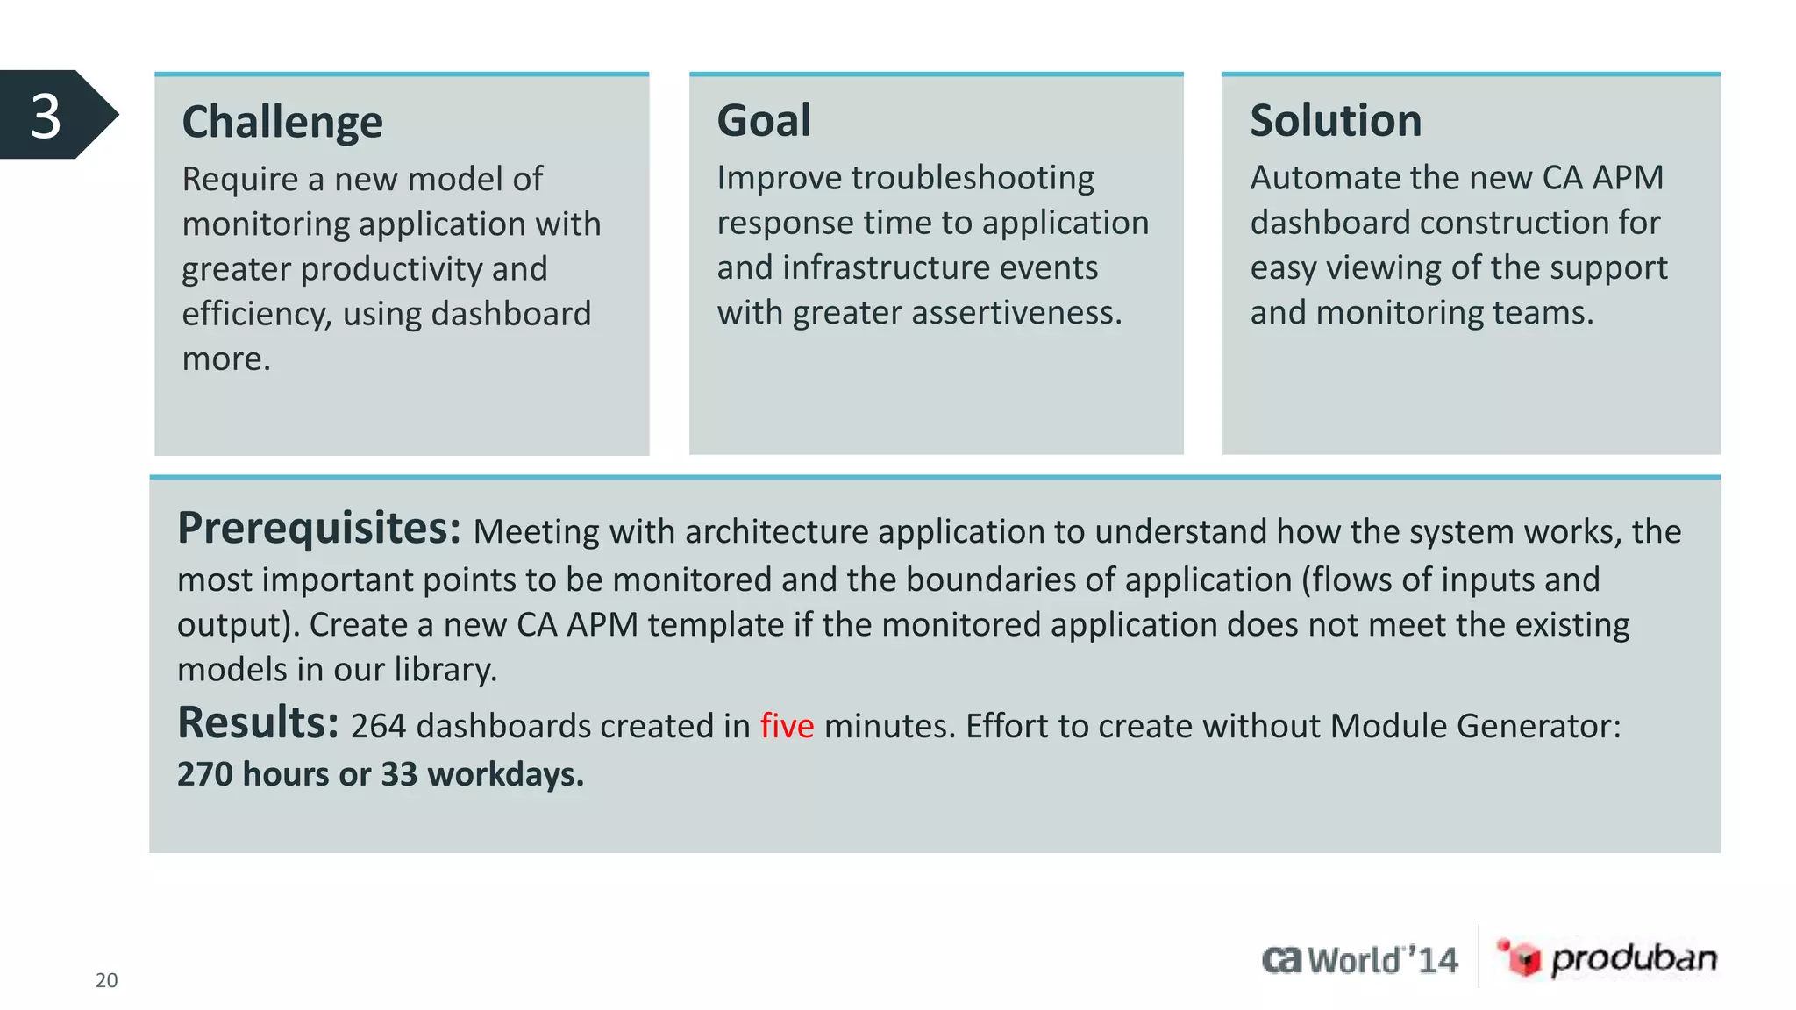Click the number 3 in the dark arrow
(46, 116)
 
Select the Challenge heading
(282, 122)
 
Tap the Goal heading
(764, 120)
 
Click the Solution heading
(1336, 120)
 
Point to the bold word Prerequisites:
(319, 529)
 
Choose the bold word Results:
(258, 723)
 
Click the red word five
(787, 727)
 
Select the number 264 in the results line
(378, 727)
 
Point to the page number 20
(106, 980)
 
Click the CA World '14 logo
(1360, 960)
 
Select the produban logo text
(1634, 958)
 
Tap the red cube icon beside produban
(1522, 957)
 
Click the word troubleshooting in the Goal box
(972, 179)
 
